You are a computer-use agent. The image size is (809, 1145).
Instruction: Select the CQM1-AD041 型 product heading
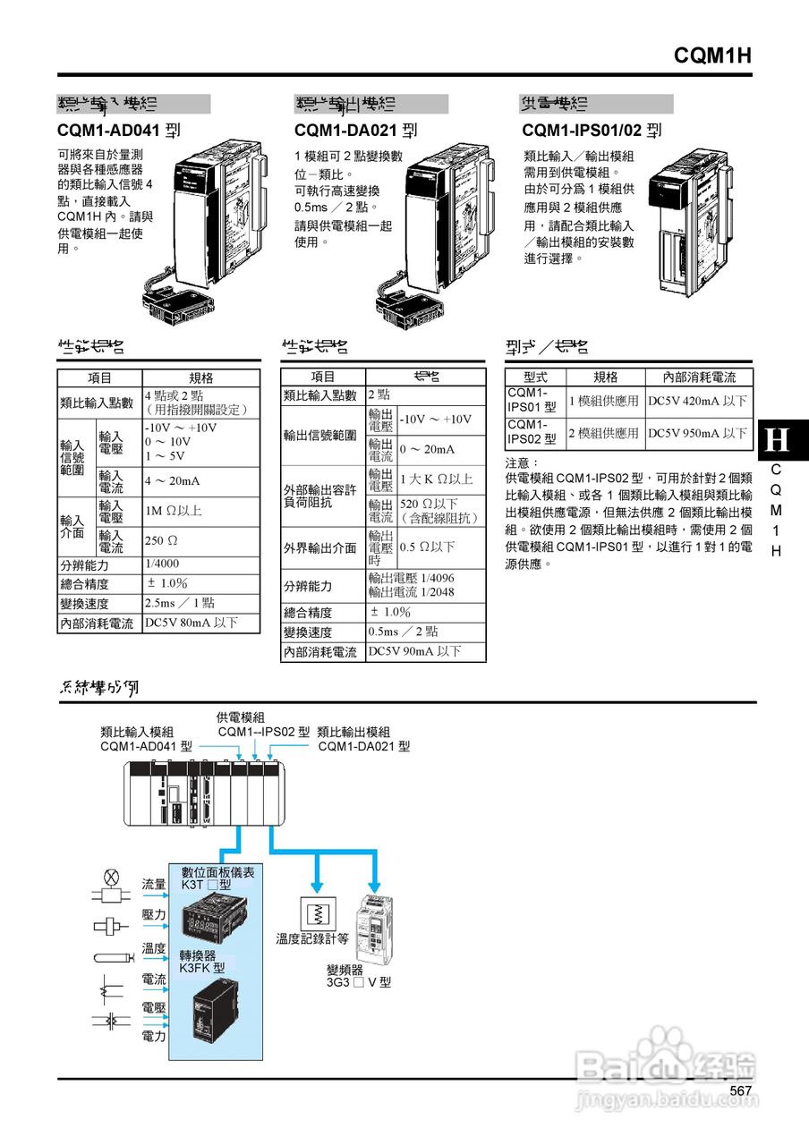click(118, 131)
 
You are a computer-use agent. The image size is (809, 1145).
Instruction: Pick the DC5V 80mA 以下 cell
click(191, 623)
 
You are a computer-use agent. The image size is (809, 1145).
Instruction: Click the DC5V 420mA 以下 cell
click(697, 402)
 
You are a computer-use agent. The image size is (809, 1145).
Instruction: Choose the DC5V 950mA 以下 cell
click(697, 434)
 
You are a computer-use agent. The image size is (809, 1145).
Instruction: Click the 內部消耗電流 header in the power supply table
click(699, 377)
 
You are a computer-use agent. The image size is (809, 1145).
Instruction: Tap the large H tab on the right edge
click(779, 440)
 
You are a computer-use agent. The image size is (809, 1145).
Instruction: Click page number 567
click(740, 1090)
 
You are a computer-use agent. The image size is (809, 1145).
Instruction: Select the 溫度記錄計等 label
click(312, 939)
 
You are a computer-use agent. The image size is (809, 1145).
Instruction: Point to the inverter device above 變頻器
click(375, 928)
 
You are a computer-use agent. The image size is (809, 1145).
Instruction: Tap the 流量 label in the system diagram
click(154, 884)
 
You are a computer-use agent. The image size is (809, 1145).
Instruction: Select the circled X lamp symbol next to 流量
click(112, 876)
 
